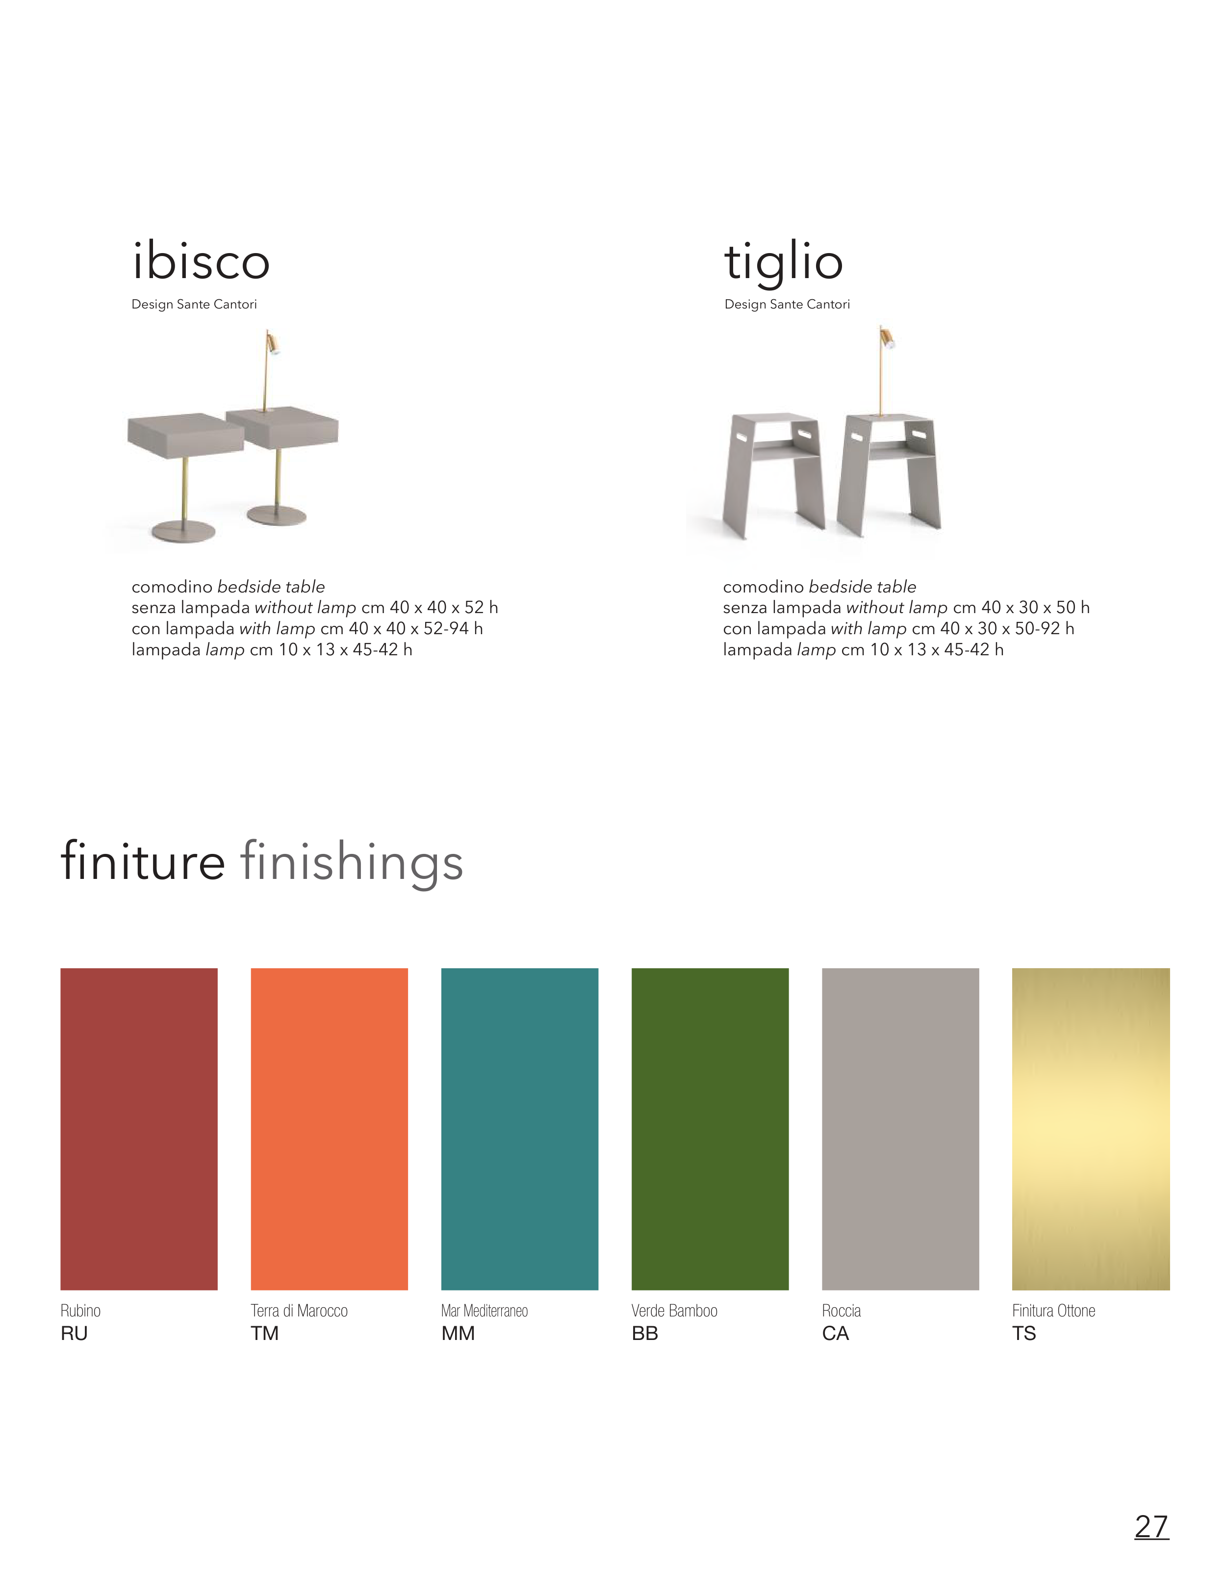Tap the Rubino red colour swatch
pos(139,1129)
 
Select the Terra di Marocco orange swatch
pos(329,1129)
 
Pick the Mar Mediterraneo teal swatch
pos(520,1129)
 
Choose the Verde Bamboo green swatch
pos(710,1129)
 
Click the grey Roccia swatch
pos(900,1129)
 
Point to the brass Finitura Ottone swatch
pos(1091,1129)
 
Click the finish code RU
pos(74,1333)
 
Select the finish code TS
pos(1024,1333)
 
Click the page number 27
pos(1151,1525)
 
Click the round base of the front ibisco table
pos(183,531)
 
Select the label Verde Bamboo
pos(674,1311)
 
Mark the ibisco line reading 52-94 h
pos(307,628)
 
